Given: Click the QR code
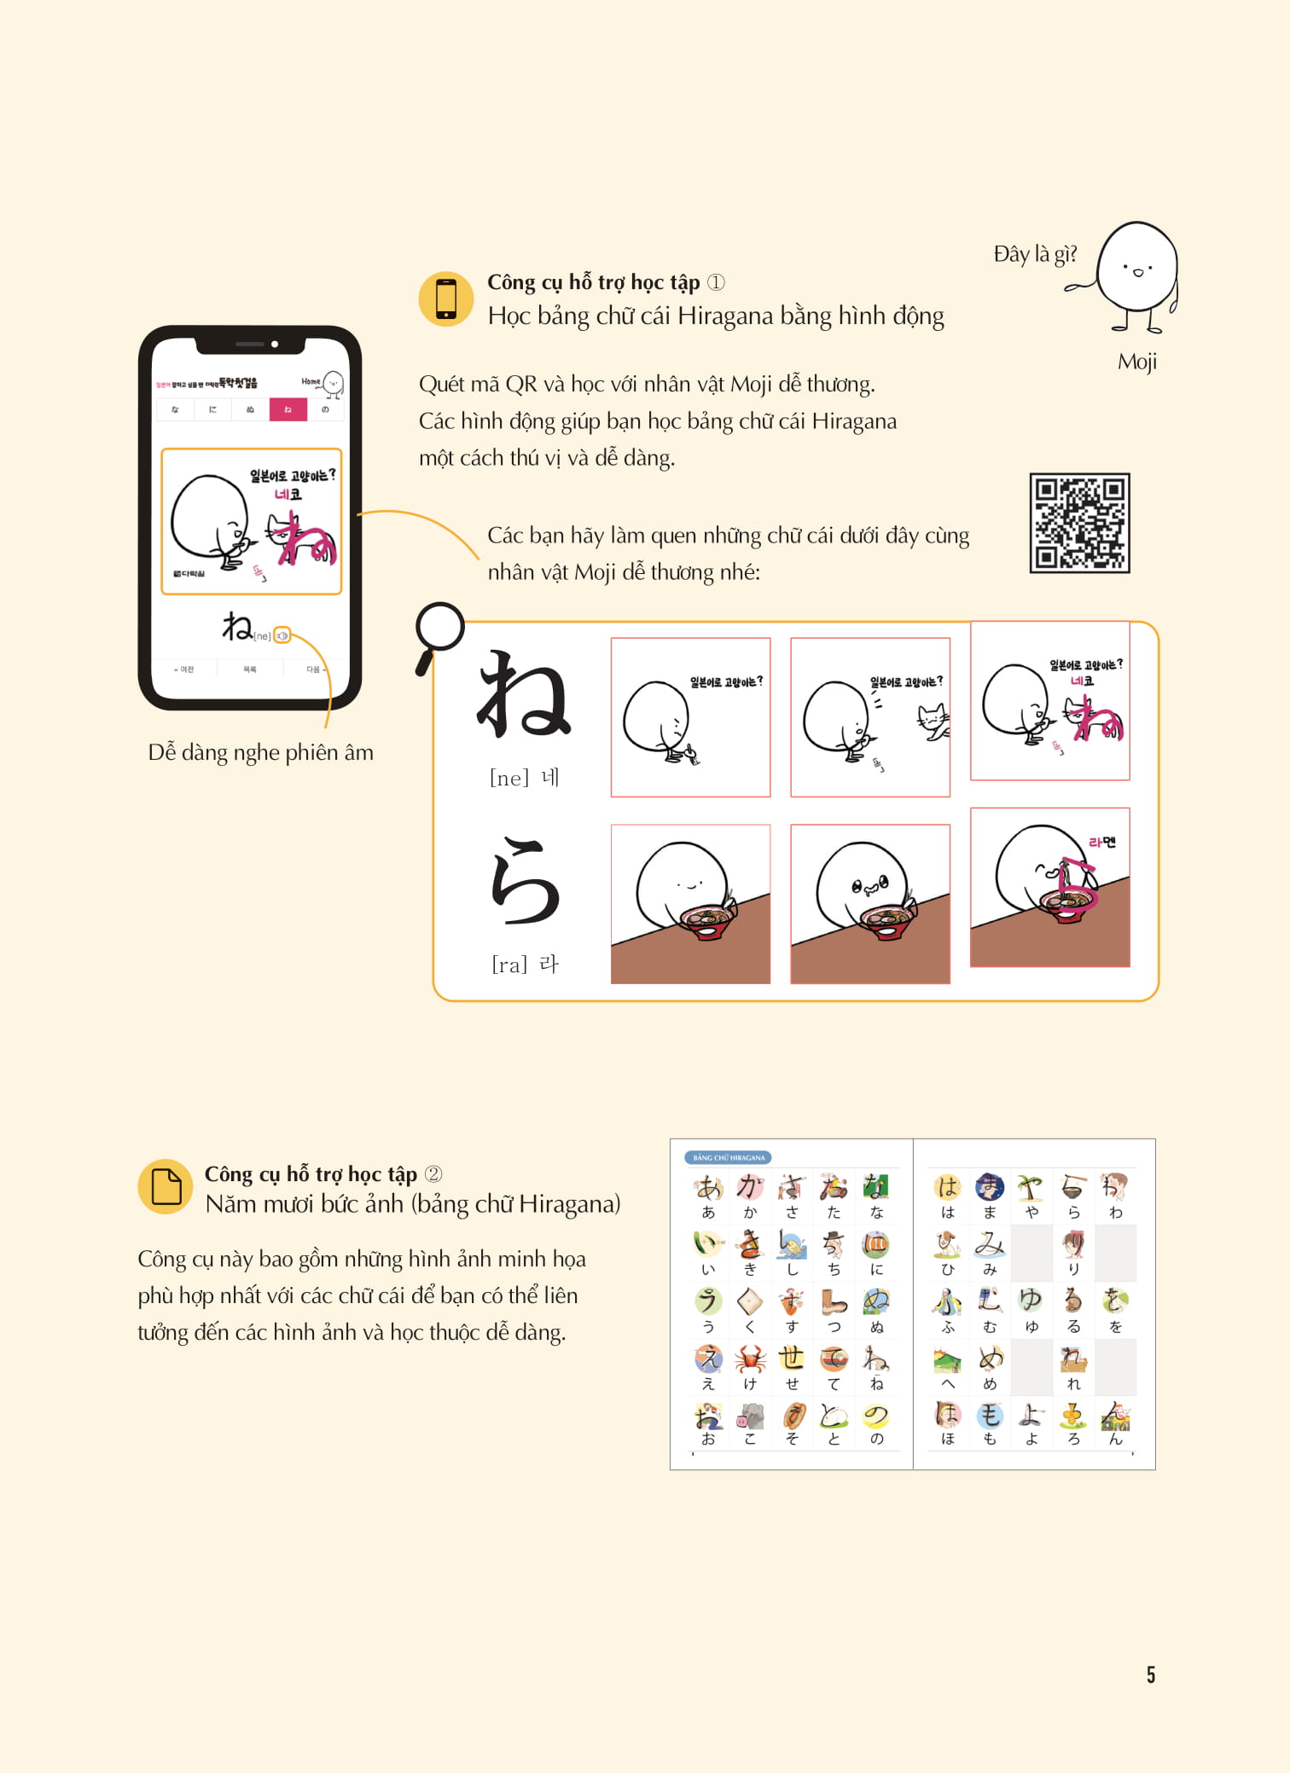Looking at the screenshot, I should [x=1079, y=523].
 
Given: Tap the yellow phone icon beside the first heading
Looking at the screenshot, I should [x=445, y=299].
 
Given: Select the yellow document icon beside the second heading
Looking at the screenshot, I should [x=166, y=1186].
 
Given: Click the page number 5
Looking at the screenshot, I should [x=1150, y=1674].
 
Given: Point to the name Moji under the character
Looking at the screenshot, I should [x=1136, y=362].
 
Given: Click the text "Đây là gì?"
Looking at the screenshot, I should [x=1035, y=254].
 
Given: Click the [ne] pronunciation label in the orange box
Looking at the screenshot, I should [x=509, y=778].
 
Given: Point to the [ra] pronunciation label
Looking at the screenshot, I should [x=510, y=965].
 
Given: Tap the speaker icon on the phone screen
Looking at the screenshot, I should [x=282, y=635].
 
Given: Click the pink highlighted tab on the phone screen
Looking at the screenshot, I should [x=288, y=409].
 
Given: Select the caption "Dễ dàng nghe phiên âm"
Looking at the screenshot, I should [x=260, y=752].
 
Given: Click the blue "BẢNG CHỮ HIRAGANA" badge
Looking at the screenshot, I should [x=728, y=1157].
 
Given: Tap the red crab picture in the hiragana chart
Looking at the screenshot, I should [x=750, y=1358].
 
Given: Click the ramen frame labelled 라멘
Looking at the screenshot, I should [x=1049, y=887].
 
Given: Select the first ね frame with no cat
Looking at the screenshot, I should [x=690, y=717].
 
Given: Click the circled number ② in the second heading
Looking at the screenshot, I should [x=433, y=1174].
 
